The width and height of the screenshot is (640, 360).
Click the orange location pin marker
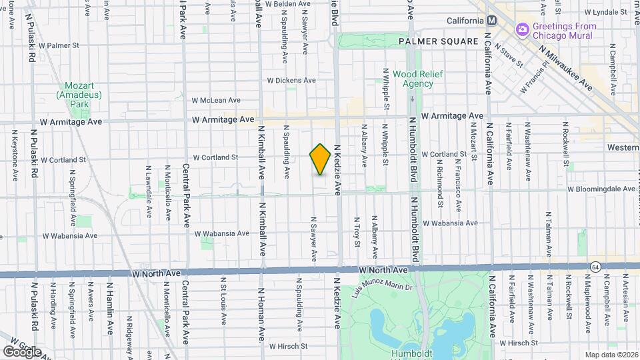point(321,159)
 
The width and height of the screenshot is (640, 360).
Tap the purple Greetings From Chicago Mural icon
point(523,29)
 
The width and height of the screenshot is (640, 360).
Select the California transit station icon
point(491,21)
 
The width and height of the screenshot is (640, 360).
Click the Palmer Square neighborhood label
point(439,41)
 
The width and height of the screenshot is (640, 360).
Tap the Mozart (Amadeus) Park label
point(79,95)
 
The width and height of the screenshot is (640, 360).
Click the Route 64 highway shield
point(595,267)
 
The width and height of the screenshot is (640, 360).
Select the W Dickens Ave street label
point(291,80)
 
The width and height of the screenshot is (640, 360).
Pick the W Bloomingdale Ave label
point(601,189)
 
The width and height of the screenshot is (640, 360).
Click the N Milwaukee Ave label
point(566,67)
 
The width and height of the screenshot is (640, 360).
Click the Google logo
point(21,351)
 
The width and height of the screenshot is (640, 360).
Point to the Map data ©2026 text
point(611,354)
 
